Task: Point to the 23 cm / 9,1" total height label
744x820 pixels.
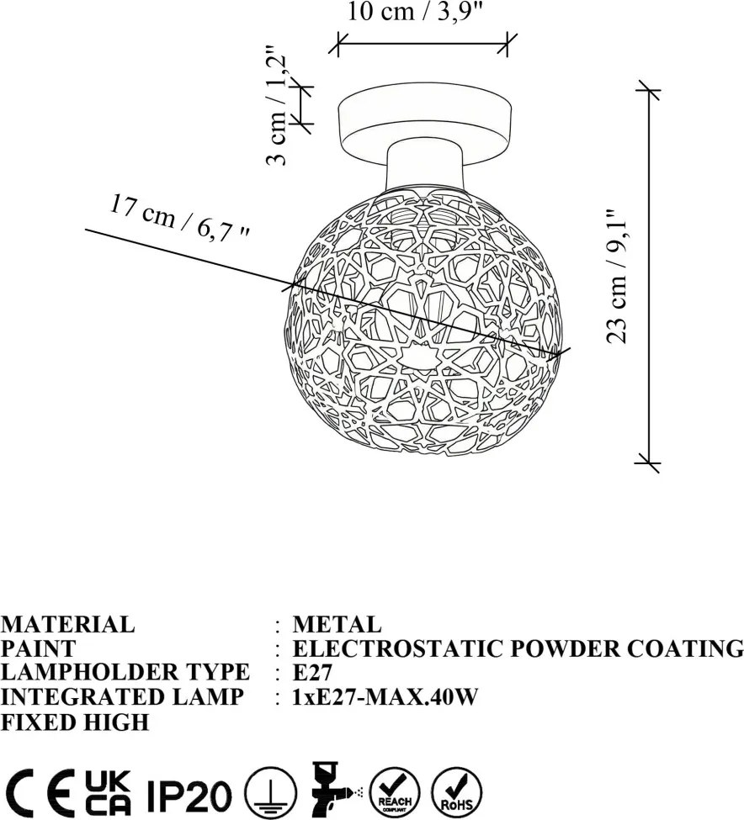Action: click(x=616, y=277)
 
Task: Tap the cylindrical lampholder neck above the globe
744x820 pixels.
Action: click(x=424, y=167)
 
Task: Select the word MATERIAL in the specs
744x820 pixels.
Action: click(x=68, y=624)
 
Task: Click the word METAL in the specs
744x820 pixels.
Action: click(x=337, y=624)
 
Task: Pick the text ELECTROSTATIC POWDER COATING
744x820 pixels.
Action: click(x=518, y=648)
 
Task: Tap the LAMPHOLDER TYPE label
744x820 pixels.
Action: click(x=125, y=672)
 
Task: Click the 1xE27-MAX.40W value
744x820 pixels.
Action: click(x=385, y=696)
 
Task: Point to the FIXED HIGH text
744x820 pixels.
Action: click(x=75, y=722)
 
